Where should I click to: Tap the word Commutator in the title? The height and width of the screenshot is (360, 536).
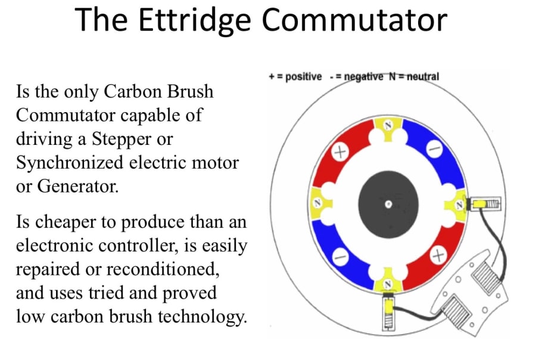(354, 20)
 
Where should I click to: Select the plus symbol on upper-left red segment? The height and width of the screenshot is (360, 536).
(340, 152)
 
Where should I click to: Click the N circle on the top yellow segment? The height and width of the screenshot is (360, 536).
(388, 126)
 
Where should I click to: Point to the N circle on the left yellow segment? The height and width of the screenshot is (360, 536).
(318, 203)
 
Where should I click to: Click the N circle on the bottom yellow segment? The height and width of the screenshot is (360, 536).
(388, 284)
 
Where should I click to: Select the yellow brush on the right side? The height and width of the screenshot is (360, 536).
(479, 205)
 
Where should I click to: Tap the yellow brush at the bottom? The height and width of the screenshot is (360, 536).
(388, 308)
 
